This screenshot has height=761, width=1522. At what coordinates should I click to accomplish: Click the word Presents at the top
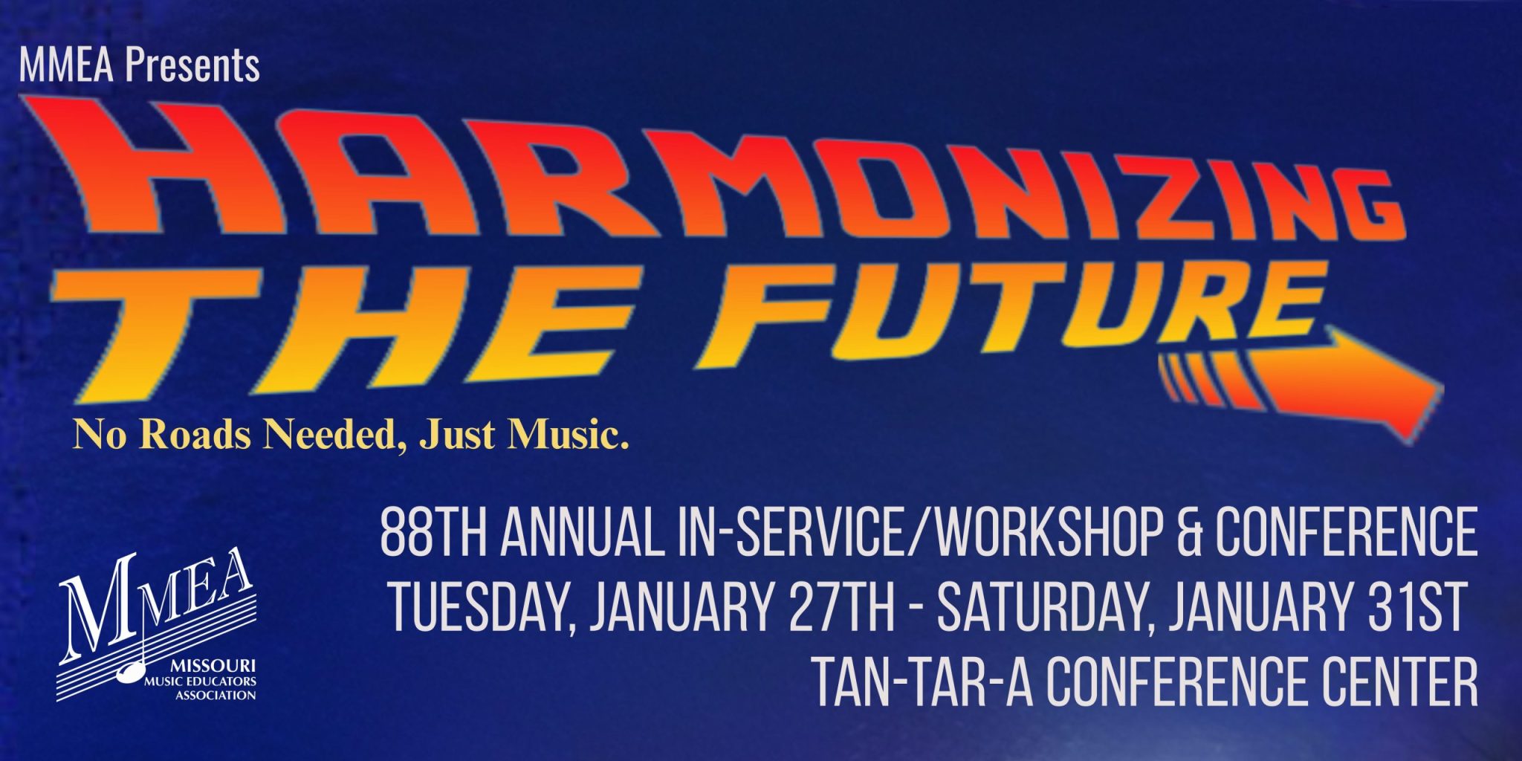pyautogui.click(x=192, y=65)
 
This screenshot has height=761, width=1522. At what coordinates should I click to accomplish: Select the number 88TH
pyautogui.click(x=434, y=533)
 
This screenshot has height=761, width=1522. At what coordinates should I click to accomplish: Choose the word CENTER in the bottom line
pyautogui.click(x=1396, y=681)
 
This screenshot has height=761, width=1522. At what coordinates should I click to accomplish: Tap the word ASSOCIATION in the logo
pyautogui.click(x=216, y=696)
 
